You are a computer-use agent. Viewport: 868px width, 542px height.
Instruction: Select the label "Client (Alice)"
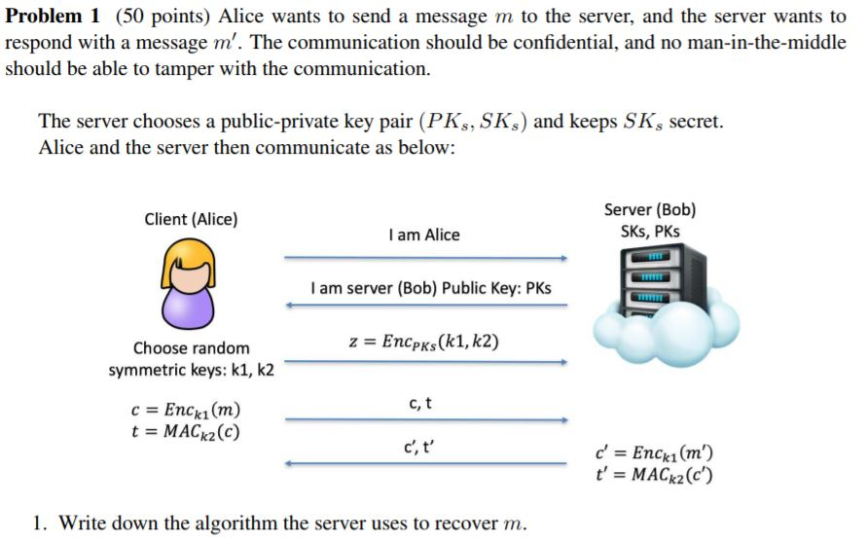coord(191,219)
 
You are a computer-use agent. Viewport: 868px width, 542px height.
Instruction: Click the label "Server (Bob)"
coord(649,210)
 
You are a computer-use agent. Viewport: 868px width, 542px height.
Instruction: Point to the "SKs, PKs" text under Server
coord(649,232)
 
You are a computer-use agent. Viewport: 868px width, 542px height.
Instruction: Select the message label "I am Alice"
coord(423,235)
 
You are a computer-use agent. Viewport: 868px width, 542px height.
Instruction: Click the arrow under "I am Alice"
coord(424,259)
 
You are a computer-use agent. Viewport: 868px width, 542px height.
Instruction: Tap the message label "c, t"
coord(421,402)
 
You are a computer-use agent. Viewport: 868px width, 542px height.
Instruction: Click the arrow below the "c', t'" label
coord(424,463)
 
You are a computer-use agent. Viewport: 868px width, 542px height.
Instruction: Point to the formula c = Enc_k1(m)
coord(184,410)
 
